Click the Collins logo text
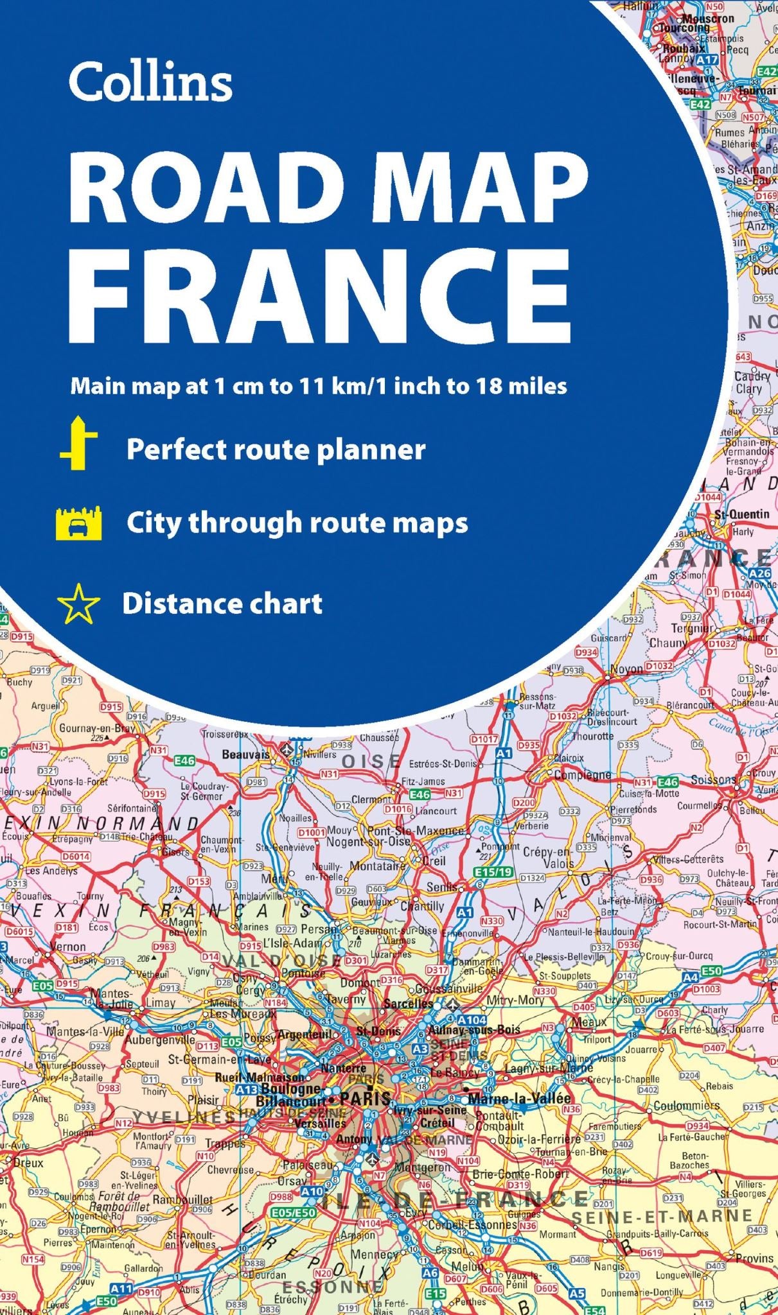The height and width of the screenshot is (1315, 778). (x=150, y=82)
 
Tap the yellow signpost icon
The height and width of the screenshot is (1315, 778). (x=79, y=442)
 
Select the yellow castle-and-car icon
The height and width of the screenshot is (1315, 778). (x=79, y=523)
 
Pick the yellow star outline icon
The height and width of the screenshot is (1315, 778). (x=78, y=604)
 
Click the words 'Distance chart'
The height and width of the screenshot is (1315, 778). (x=222, y=604)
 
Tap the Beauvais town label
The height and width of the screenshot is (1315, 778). (x=245, y=754)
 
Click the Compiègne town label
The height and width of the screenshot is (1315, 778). (x=583, y=774)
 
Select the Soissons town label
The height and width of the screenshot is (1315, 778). (x=713, y=780)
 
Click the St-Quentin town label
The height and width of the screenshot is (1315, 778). (x=741, y=514)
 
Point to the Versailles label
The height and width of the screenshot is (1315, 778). (x=320, y=1123)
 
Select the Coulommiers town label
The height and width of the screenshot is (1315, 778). (x=686, y=1106)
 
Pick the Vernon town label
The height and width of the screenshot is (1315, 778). (x=68, y=946)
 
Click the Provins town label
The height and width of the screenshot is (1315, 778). (x=754, y=1258)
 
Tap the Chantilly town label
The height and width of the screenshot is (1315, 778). (x=422, y=906)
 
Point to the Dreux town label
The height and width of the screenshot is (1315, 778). (x=28, y=1162)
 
